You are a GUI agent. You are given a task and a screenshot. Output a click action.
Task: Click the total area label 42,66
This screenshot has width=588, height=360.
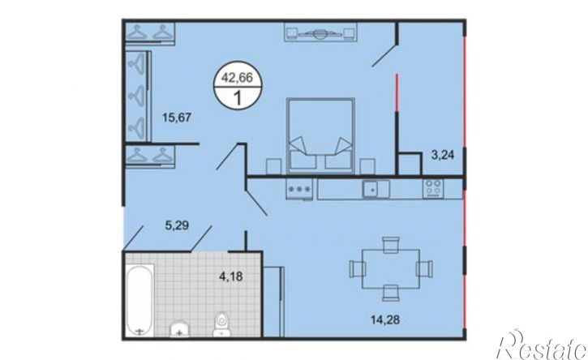[237, 78]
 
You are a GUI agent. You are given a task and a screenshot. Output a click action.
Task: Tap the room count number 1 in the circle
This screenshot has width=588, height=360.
[238, 98]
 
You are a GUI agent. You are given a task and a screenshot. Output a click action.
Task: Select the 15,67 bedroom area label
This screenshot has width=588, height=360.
[177, 118]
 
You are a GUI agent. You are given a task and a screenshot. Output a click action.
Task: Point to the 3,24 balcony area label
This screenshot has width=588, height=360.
[443, 155]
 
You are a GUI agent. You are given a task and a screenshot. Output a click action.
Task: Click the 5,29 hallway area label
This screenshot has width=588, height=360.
[177, 225]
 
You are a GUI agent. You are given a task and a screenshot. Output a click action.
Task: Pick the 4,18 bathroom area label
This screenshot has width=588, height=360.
[230, 276]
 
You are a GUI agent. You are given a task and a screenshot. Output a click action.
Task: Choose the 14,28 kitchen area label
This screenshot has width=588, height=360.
[385, 320]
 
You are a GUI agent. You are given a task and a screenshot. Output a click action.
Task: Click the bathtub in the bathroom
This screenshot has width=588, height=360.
[139, 300]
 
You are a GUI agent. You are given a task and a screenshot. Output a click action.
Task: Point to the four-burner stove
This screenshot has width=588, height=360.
[433, 189]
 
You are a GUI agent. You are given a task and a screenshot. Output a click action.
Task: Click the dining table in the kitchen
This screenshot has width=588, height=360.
[391, 269]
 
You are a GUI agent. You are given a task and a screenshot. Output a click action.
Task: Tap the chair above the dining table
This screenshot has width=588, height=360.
[391, 245]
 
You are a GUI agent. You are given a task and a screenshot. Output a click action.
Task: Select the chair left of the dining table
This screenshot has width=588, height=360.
[358, 269]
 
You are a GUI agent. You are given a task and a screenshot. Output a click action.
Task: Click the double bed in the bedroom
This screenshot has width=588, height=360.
[320, 135]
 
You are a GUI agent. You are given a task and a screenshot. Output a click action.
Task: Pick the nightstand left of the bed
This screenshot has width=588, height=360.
[273, 166]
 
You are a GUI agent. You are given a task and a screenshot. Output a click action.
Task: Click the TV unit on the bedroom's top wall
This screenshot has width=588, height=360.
[320, 32]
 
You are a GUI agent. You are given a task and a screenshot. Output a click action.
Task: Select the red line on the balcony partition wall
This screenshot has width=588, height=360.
[397, 92]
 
